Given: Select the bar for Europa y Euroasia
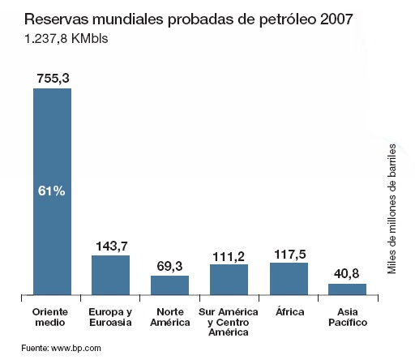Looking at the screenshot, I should (110, 275).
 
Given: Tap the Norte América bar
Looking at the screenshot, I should (169, 285).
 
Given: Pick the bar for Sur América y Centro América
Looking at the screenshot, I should (229, 279).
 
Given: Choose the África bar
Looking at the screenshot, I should (289, 278).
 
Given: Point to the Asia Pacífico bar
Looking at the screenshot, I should (347, 289).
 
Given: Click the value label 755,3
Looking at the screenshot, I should (52, 77).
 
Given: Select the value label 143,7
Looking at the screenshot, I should (111, 245).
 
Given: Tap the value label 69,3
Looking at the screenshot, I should (169, 265).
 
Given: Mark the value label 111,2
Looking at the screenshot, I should (229, 254).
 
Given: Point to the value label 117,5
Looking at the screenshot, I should (289, 252).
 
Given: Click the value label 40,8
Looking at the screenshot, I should (347, 273).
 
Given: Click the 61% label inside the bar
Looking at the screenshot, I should (52, 191).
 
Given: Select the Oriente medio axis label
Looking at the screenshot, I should (52, 317).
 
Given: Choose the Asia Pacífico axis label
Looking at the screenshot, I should (348, 317).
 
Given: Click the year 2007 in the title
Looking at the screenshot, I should (335, 18).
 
